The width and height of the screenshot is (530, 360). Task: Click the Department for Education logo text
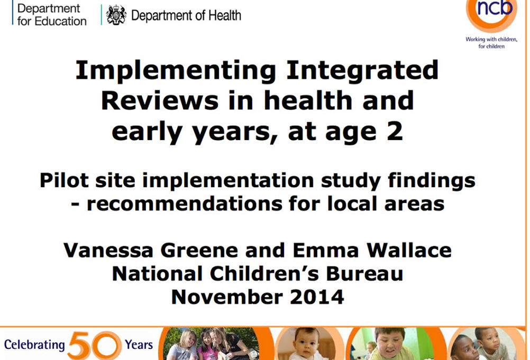(x=52, y=14)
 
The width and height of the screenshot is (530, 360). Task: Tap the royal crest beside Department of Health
(x=116, y=15)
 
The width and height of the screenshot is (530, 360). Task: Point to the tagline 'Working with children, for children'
(x=491, y=42)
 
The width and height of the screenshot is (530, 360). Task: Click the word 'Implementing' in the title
(x=176, y=70)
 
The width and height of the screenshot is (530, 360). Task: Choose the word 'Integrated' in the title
(x=362, y=70)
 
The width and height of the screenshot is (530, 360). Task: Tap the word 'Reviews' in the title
(x=160, y=100)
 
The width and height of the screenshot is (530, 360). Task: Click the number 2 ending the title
(x=395, y=131)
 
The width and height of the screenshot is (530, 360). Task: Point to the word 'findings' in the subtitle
(x=432, y=181)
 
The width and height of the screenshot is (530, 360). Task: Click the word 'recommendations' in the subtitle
(x=184, y=204)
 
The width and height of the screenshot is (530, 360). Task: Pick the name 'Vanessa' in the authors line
(x=108, y=250)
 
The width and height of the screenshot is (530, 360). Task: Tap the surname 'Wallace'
(x=409, y=250)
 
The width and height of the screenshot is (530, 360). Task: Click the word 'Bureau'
(x=364, y=273)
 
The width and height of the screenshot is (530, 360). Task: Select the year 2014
(x=317, y=297)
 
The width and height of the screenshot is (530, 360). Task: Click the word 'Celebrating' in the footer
(x=34, y=345)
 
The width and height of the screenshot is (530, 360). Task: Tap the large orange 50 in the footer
(x=94, y=345)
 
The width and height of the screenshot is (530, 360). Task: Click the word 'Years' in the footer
(x=139, y=345)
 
